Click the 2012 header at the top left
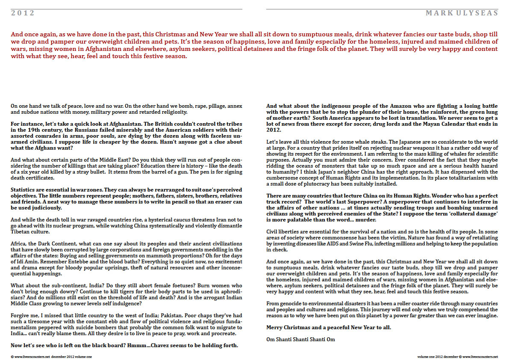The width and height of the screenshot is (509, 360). tap(23, 13)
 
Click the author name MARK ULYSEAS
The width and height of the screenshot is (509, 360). tap(462, 13)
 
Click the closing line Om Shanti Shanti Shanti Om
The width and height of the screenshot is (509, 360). tap(300, 339)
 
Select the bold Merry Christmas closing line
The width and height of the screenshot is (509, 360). tap(328, 328)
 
